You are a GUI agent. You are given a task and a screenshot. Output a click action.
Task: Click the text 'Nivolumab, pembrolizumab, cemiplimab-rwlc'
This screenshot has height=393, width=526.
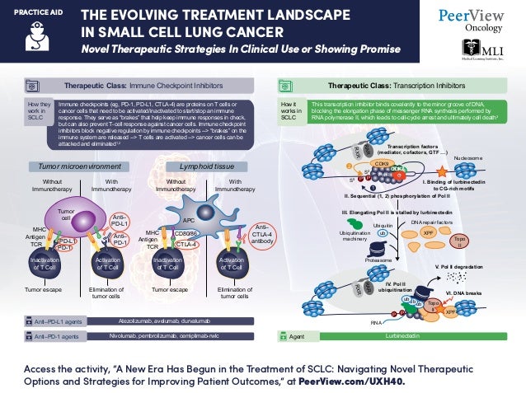coord(176,335)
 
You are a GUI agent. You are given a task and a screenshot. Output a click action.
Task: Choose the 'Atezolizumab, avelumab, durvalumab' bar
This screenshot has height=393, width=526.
coord(176,320)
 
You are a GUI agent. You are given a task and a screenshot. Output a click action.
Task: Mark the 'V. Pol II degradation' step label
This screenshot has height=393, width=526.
coord(464,267)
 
